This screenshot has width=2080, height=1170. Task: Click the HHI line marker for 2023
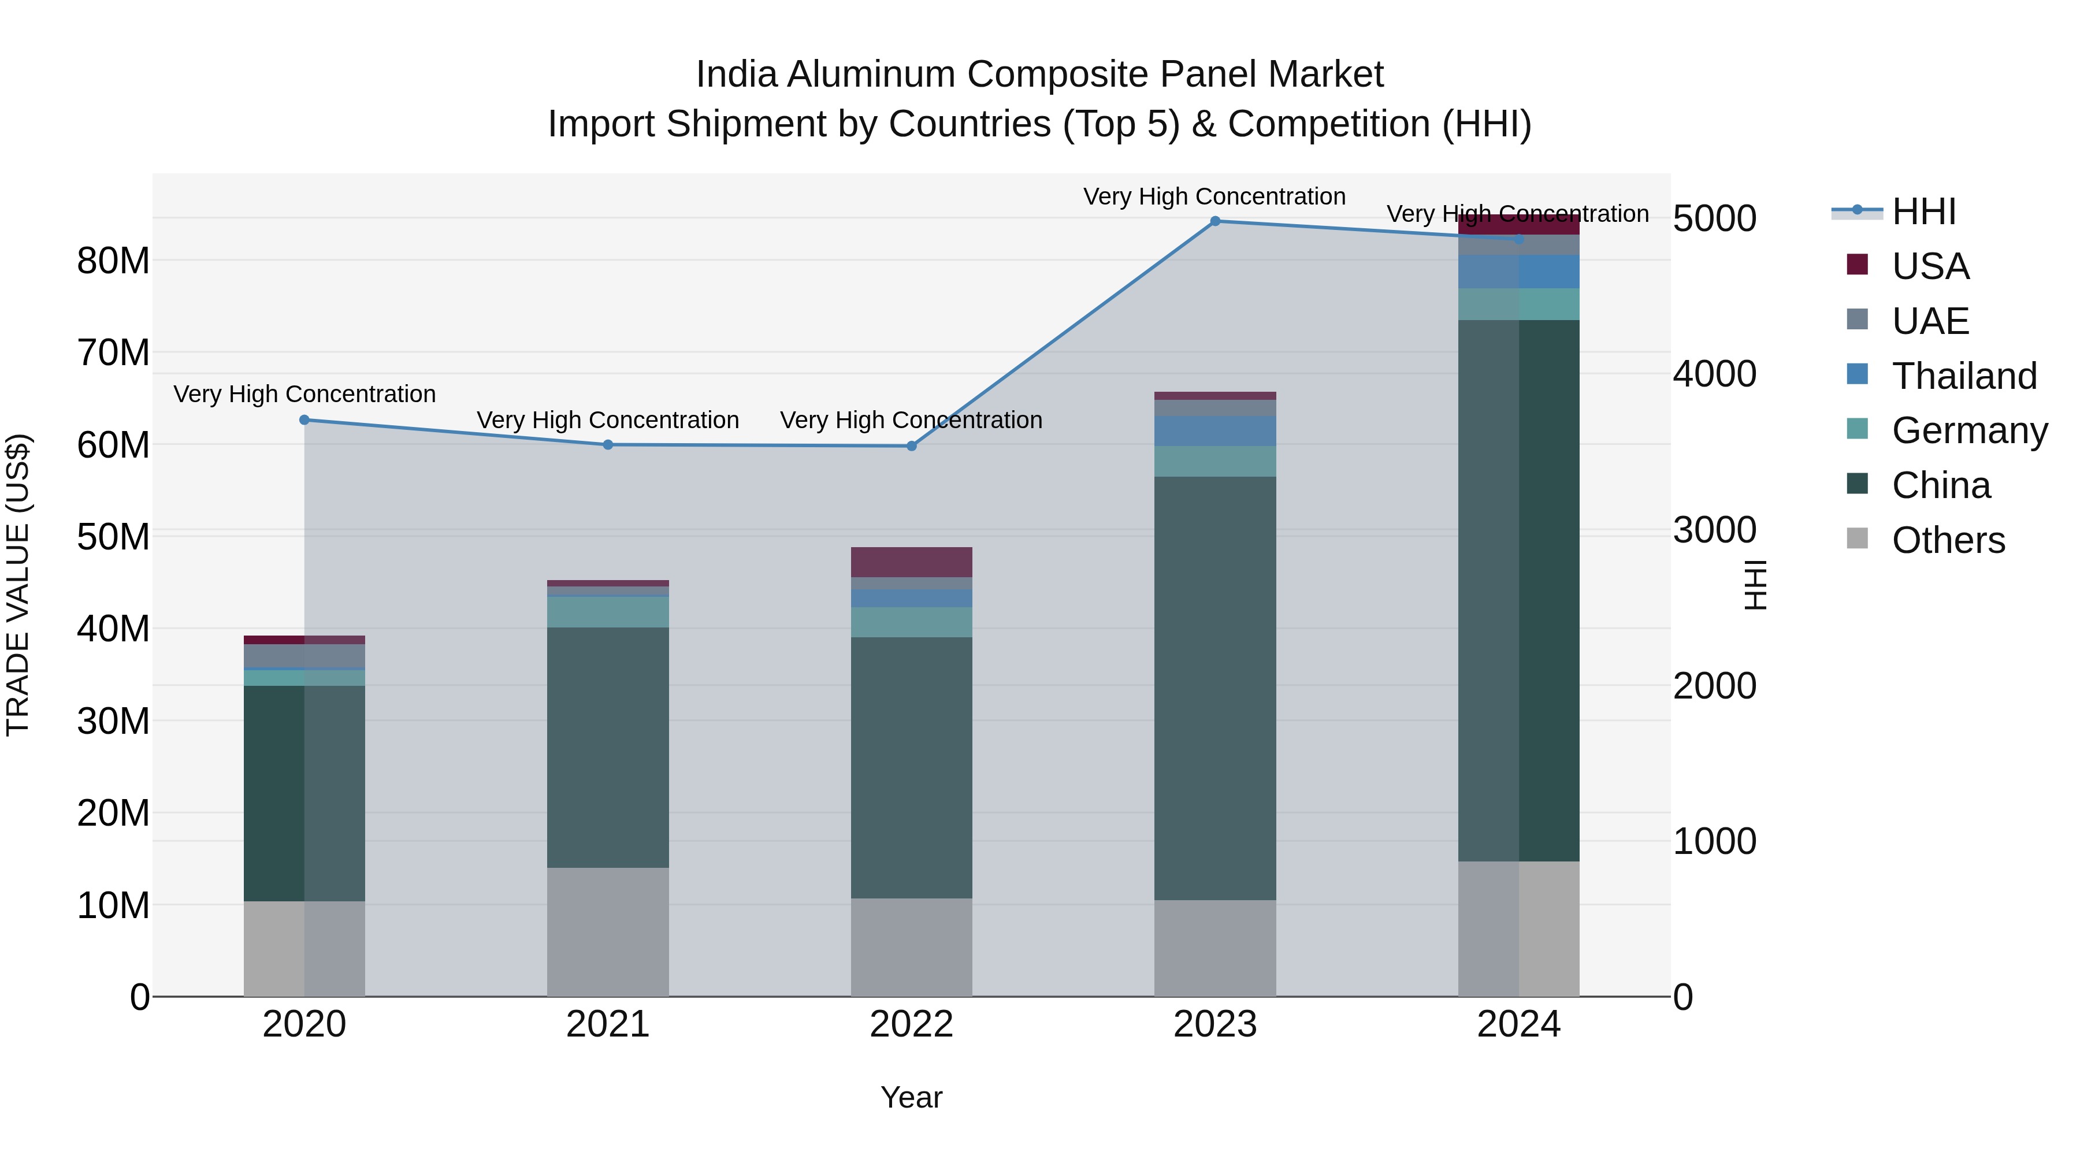[1214, 221]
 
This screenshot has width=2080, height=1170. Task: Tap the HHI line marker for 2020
[304, 420]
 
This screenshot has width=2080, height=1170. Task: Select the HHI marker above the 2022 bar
[912, 445]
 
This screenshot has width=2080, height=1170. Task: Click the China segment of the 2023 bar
[1214, 686]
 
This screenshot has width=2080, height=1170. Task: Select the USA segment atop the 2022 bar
[912, 562]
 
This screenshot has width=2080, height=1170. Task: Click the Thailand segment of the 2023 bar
[1214, 431]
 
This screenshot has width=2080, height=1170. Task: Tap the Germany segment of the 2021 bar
[608, 612]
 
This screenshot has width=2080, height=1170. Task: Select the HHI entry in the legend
[1922, 211]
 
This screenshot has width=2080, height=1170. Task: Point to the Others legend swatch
[1857, 538]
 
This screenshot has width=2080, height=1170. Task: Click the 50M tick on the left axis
[113, 537]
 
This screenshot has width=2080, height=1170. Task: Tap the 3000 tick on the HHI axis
[1714, 530]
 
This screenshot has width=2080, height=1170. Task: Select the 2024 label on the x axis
[1518, 1024]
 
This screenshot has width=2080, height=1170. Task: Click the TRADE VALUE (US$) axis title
[18, 585]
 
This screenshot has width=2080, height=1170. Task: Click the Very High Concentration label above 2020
[304, 394]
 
